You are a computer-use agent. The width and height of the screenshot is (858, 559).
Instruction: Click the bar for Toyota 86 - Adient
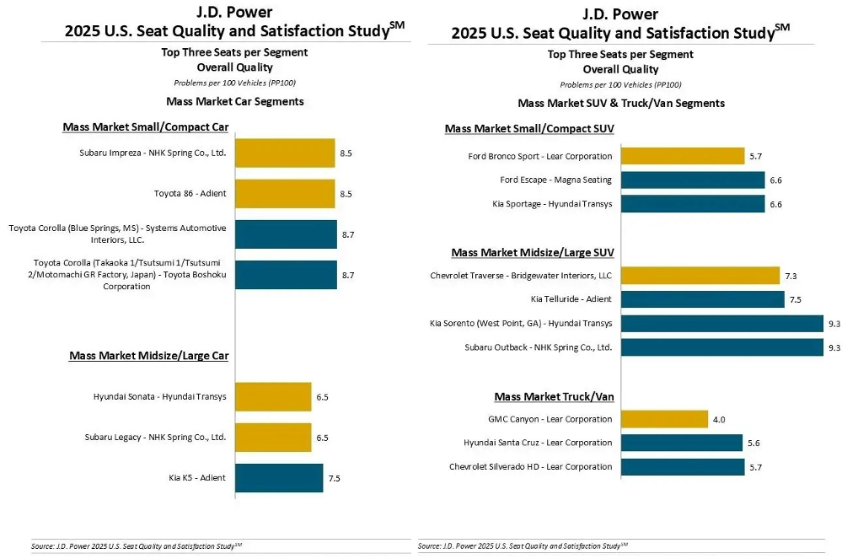(284, 193)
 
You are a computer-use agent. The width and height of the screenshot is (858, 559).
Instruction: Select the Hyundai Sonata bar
(272, 396)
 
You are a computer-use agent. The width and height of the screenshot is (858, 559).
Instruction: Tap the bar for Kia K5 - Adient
(278, 478)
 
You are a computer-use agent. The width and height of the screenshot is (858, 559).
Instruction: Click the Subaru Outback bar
(721, 347)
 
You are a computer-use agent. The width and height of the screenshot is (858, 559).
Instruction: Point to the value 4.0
(719, 419)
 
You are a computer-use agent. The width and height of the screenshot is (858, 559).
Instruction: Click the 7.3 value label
(791, 276)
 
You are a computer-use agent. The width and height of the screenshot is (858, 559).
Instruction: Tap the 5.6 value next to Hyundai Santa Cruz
(753, 443)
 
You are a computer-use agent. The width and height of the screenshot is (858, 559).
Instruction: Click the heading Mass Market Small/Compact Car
(146, 127)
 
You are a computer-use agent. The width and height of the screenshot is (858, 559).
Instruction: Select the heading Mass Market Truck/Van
(554, 396)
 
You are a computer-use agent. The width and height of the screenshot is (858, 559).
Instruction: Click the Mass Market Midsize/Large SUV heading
(533, 252)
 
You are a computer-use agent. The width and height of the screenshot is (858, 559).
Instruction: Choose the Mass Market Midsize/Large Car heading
(148, 356)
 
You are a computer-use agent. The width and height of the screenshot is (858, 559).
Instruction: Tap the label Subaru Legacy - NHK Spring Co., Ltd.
(155, 438)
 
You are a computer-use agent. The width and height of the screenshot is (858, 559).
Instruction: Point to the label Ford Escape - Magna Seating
(555, 180)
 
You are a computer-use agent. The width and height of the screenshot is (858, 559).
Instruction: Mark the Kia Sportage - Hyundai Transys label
(552, 204)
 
